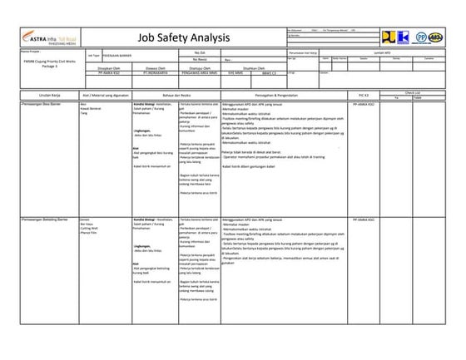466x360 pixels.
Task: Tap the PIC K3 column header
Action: (x=363, y=95)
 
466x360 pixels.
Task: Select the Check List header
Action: (x=412, y=91)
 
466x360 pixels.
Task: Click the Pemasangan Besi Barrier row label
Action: (x=37, y=104)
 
